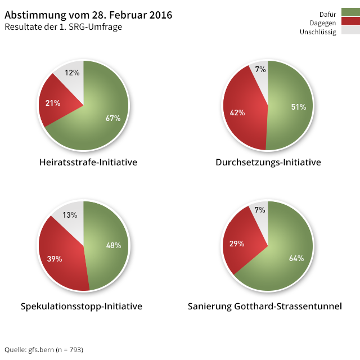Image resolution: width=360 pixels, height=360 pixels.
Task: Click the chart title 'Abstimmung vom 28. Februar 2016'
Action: point(88,15)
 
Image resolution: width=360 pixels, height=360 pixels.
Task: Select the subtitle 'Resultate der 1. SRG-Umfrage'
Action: point(63,26)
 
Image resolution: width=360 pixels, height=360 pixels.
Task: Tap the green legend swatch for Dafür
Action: point(350,12)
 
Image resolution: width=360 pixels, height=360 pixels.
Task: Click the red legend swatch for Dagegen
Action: point(350,22)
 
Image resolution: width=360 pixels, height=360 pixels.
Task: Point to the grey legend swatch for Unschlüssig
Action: point(350,31)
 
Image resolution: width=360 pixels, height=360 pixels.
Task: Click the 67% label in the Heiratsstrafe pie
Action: point(113,118)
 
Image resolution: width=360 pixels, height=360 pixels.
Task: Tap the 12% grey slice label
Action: point(72,73)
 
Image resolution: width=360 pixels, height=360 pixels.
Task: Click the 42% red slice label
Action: point(237,112)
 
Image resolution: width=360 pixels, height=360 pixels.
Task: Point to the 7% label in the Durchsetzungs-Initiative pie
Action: point(260,70)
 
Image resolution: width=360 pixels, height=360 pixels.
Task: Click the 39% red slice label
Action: point(54,259)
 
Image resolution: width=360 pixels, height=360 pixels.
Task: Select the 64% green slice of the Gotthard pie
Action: point(296,258)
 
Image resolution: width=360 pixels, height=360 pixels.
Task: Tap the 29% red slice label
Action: point(237,244)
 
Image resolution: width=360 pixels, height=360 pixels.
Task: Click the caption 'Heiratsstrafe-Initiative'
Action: point(88,163)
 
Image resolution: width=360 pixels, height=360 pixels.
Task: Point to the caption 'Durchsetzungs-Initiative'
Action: point(268,163)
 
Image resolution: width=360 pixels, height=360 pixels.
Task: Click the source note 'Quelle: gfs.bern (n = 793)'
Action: point(44,350)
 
